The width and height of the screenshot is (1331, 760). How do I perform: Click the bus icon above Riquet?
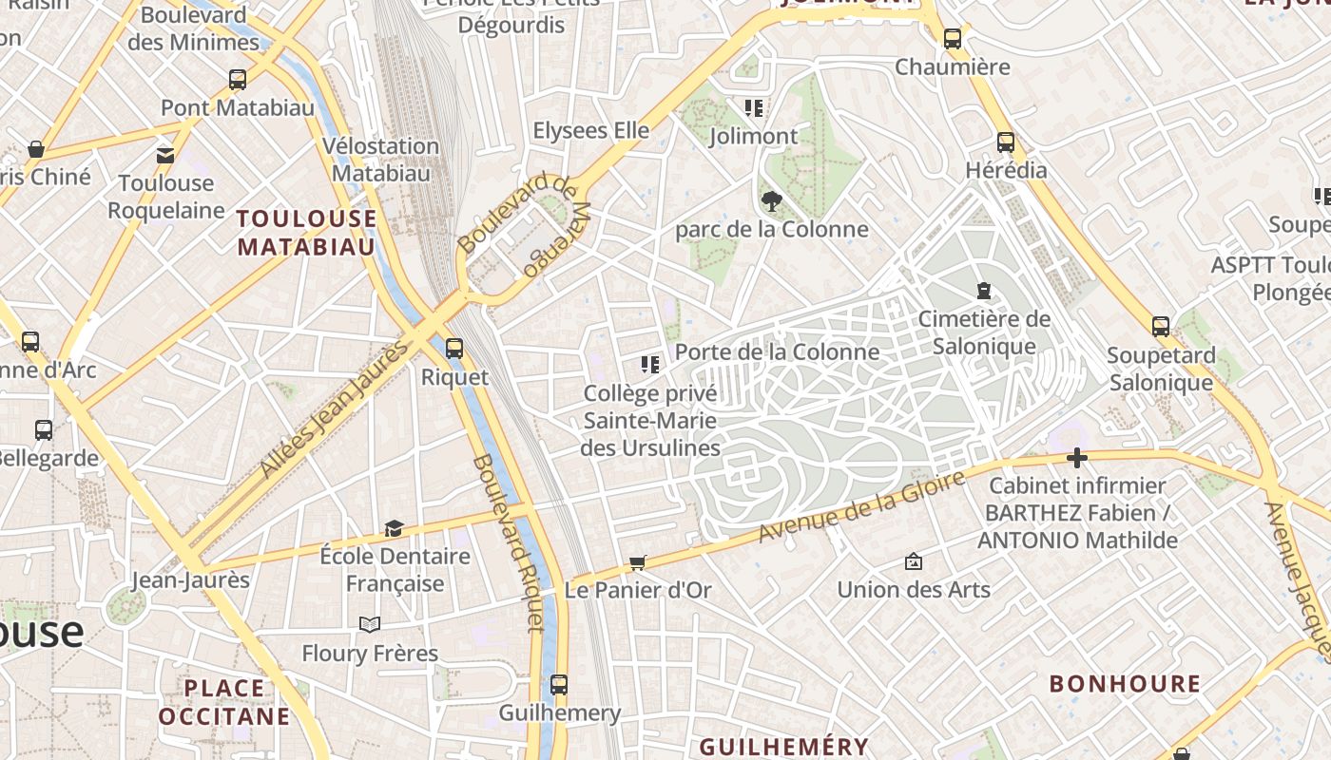(454, 348)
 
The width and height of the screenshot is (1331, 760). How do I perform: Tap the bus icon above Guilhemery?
(559, 684)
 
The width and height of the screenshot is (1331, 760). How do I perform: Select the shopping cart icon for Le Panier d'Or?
(638, 562)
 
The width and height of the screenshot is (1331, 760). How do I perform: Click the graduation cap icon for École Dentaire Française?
(394, 528)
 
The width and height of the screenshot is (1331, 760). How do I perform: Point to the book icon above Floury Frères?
(370, 624)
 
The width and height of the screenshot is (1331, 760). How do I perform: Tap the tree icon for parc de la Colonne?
(772, 200)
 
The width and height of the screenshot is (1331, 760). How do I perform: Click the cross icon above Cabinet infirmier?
(1076, 459)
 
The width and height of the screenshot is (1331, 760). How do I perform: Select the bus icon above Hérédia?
(1006, 142)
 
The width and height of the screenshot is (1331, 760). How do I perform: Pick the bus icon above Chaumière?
(953, 39)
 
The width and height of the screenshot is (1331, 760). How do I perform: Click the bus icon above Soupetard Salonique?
(1161, 327)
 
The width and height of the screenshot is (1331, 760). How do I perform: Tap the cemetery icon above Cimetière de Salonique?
(984, 291)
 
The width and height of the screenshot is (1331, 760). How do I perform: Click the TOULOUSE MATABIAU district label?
(307, 233)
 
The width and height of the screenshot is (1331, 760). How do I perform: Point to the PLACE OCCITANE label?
(224, 702)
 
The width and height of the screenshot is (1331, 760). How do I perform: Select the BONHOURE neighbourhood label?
(1125, 684)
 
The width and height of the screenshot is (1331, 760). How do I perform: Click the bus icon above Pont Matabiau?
(238, 80)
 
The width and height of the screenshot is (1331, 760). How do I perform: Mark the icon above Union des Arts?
(914, 561)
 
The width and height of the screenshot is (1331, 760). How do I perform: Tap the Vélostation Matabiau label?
(380, 160)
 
